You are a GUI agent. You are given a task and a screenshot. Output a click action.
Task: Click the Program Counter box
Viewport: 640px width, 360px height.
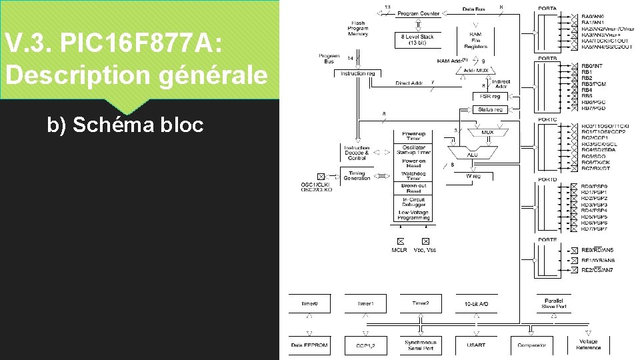418,13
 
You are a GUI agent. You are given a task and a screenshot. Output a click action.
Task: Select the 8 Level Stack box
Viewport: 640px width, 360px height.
418,39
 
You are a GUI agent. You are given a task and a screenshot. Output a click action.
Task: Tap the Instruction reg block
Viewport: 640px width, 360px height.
357,73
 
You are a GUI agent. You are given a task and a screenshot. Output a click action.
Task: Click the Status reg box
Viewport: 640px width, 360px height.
490,109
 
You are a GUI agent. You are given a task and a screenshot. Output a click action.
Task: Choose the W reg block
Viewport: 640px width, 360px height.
473,177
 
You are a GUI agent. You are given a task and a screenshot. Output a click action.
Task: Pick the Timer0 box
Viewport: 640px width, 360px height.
309,303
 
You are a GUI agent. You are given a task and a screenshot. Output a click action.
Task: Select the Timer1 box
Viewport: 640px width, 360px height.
365,303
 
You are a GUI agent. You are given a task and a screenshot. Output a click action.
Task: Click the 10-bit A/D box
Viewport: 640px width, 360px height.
476,303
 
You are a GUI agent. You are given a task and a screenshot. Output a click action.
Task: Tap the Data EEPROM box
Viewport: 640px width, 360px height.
309,345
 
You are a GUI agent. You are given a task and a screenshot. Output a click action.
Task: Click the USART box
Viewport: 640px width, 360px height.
476,345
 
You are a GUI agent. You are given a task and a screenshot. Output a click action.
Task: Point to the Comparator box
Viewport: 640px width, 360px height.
531,345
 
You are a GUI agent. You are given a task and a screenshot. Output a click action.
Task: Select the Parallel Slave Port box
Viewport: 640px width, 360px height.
553,303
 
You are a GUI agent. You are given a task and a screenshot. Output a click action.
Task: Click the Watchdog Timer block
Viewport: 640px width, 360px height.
413,176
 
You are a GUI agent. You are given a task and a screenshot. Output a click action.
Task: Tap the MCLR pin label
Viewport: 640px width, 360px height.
400,250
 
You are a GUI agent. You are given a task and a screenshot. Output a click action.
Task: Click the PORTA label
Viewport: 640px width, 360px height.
547,9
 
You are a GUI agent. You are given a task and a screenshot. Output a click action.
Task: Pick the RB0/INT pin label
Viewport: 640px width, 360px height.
591,66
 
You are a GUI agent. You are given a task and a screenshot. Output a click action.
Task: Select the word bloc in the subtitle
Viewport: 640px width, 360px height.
179,125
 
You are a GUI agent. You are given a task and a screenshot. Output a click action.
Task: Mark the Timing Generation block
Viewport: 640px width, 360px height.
357,176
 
